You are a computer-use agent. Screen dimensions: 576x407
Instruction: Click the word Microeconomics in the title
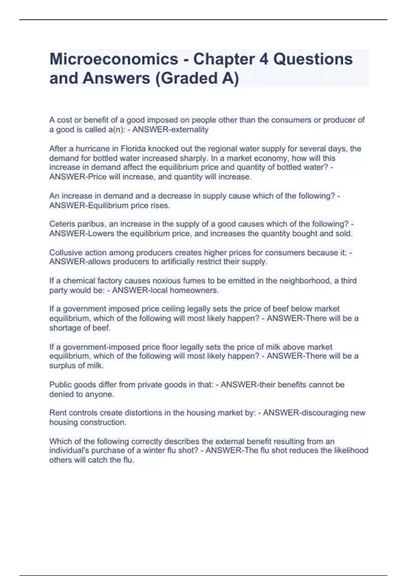[x=114, y=59]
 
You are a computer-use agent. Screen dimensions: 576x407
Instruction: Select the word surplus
[x=62, y=366]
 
